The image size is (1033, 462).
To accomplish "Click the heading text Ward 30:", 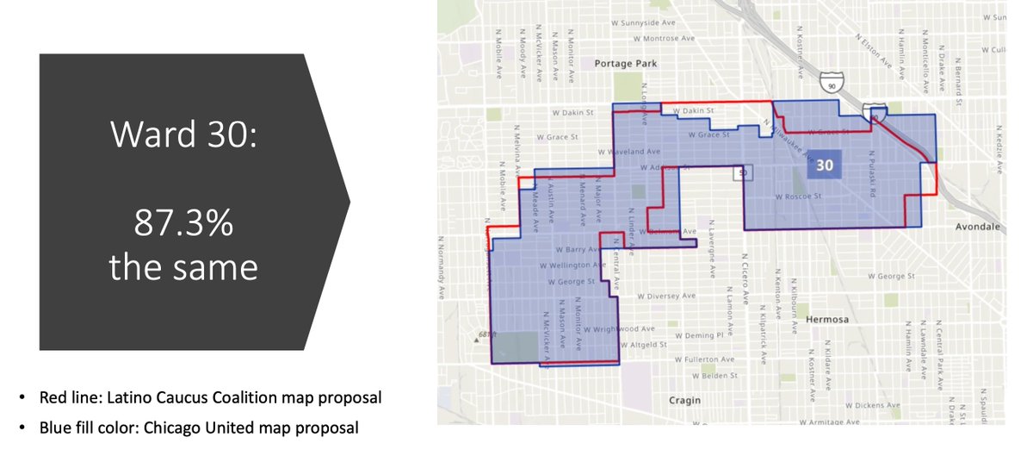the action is (182, 135).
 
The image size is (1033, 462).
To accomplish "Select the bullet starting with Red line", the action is (210, 398).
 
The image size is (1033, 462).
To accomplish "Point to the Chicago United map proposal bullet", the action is (199, 427).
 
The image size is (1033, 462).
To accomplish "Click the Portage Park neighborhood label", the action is (625, 64).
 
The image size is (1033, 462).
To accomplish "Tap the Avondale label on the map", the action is (978, 228).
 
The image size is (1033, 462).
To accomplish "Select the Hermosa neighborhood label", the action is (826, 319).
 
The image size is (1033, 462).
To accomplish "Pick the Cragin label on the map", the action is (684, 400).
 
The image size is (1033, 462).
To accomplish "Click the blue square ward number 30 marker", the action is (825, 165).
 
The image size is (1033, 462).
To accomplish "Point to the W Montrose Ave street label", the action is (663, 39).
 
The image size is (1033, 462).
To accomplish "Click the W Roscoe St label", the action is (800, 197).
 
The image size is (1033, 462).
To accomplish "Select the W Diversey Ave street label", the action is (665, 296).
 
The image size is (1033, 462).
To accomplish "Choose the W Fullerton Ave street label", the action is (704, 359).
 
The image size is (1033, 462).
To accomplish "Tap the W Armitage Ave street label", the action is (829, 422).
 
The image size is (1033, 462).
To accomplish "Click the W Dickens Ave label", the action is (873, 405).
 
